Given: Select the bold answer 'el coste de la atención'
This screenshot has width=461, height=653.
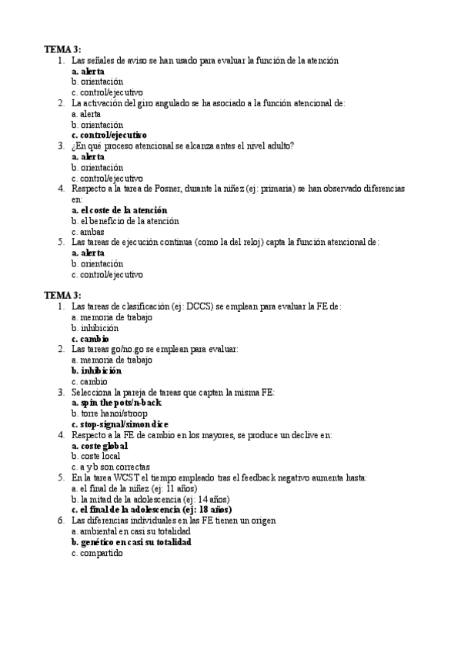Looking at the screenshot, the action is pyautogui.click(x=119, y=210).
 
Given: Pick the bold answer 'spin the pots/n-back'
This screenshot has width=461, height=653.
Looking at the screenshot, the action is pyautogui.click(x=116, y=402).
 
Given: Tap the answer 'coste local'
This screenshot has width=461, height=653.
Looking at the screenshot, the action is pyautogui.click(x=96, y=456).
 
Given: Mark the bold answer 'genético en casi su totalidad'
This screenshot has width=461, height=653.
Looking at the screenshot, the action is pyautogui.click(x=132, y=541).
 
